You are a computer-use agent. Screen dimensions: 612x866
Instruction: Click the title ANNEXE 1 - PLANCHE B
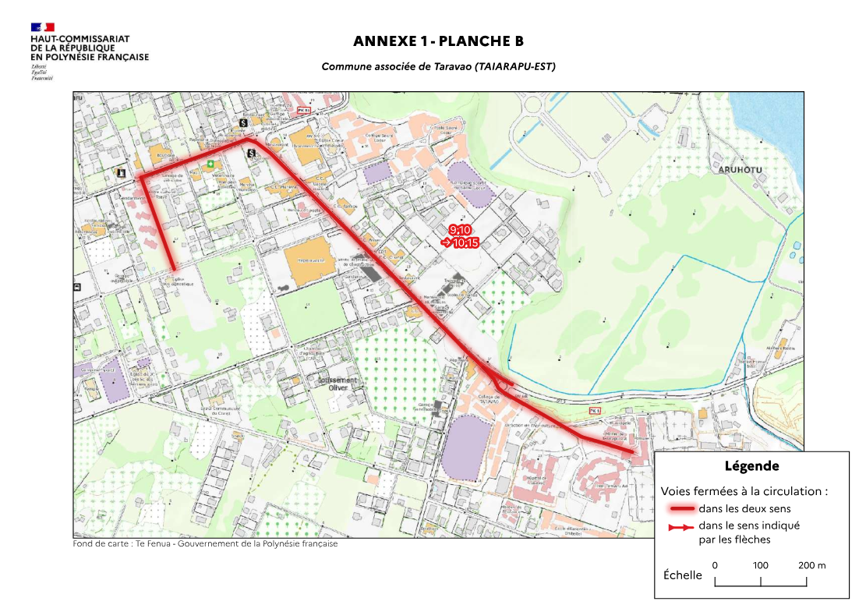coord(438,41)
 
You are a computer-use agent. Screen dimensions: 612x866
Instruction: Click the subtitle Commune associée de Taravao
coord(438,67)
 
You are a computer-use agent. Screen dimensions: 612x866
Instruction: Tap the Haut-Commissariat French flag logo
coord(43,28)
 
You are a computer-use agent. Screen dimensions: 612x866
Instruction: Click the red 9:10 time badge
coord(459,229)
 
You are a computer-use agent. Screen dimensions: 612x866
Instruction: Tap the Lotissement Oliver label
coord(337,381)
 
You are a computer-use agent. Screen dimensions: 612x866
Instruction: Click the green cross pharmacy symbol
coord(210,164)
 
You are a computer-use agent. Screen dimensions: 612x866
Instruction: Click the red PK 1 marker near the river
coord(595,410)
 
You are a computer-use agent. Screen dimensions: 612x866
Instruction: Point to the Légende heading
coord(751,467)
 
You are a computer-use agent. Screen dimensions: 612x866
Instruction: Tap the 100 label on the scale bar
coord(761,565)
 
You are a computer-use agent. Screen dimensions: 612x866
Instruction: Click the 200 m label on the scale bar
coord(811,565)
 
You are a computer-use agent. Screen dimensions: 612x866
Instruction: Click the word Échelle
coord(682,575)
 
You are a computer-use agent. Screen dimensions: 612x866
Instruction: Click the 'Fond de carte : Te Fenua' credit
coord(205,544)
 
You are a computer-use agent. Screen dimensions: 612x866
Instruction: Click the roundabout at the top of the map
coord(537,103)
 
